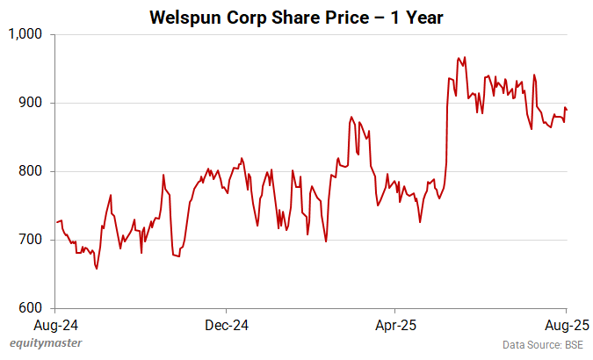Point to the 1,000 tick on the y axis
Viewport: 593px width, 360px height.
coord(27,34)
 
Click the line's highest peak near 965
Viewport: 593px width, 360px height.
coord(459,58)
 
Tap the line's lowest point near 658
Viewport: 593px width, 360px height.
coord(97,269)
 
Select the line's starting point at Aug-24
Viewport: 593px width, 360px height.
coord(56,222)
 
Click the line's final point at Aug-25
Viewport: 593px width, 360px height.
coord(567,110)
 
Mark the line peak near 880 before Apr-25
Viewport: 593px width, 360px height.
coord(351,117)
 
